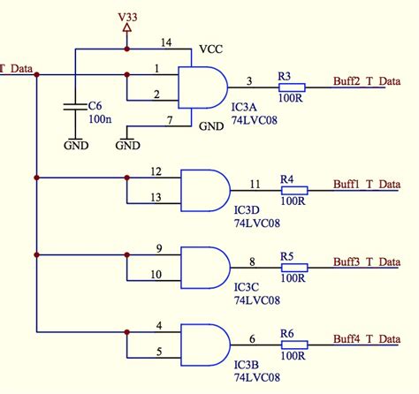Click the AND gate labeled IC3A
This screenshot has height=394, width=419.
[x=202, y=87]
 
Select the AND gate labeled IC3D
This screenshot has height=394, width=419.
[x=204, y=188]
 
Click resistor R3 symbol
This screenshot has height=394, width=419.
[x=292, y=87]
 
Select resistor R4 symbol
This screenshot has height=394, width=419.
[x=293, y=189]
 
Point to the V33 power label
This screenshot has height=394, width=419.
[x=126, y=16]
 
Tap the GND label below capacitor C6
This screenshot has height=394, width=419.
[x=76, y=144]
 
